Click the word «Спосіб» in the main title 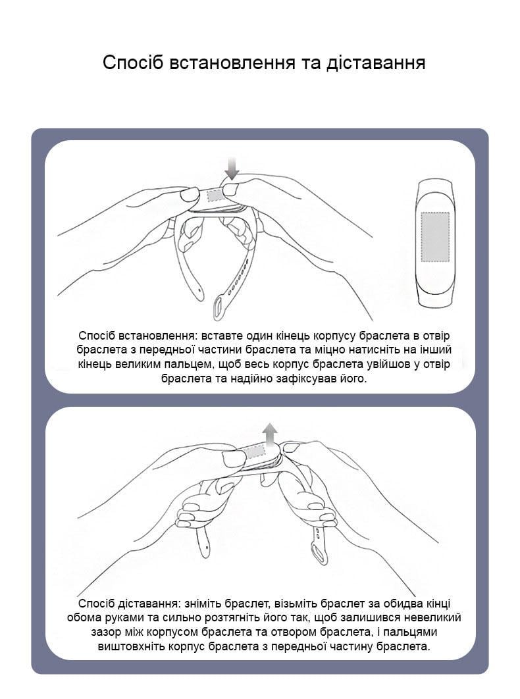pos(133,63)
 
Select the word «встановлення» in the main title pos(232,63)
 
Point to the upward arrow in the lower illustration pos(269,435)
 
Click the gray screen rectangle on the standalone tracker pos(435,236)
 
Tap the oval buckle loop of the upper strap pos(219,307)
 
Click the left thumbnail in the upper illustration pos(190,194)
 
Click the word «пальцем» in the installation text pos(183,365)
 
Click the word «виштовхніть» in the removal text pos(130,646)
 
